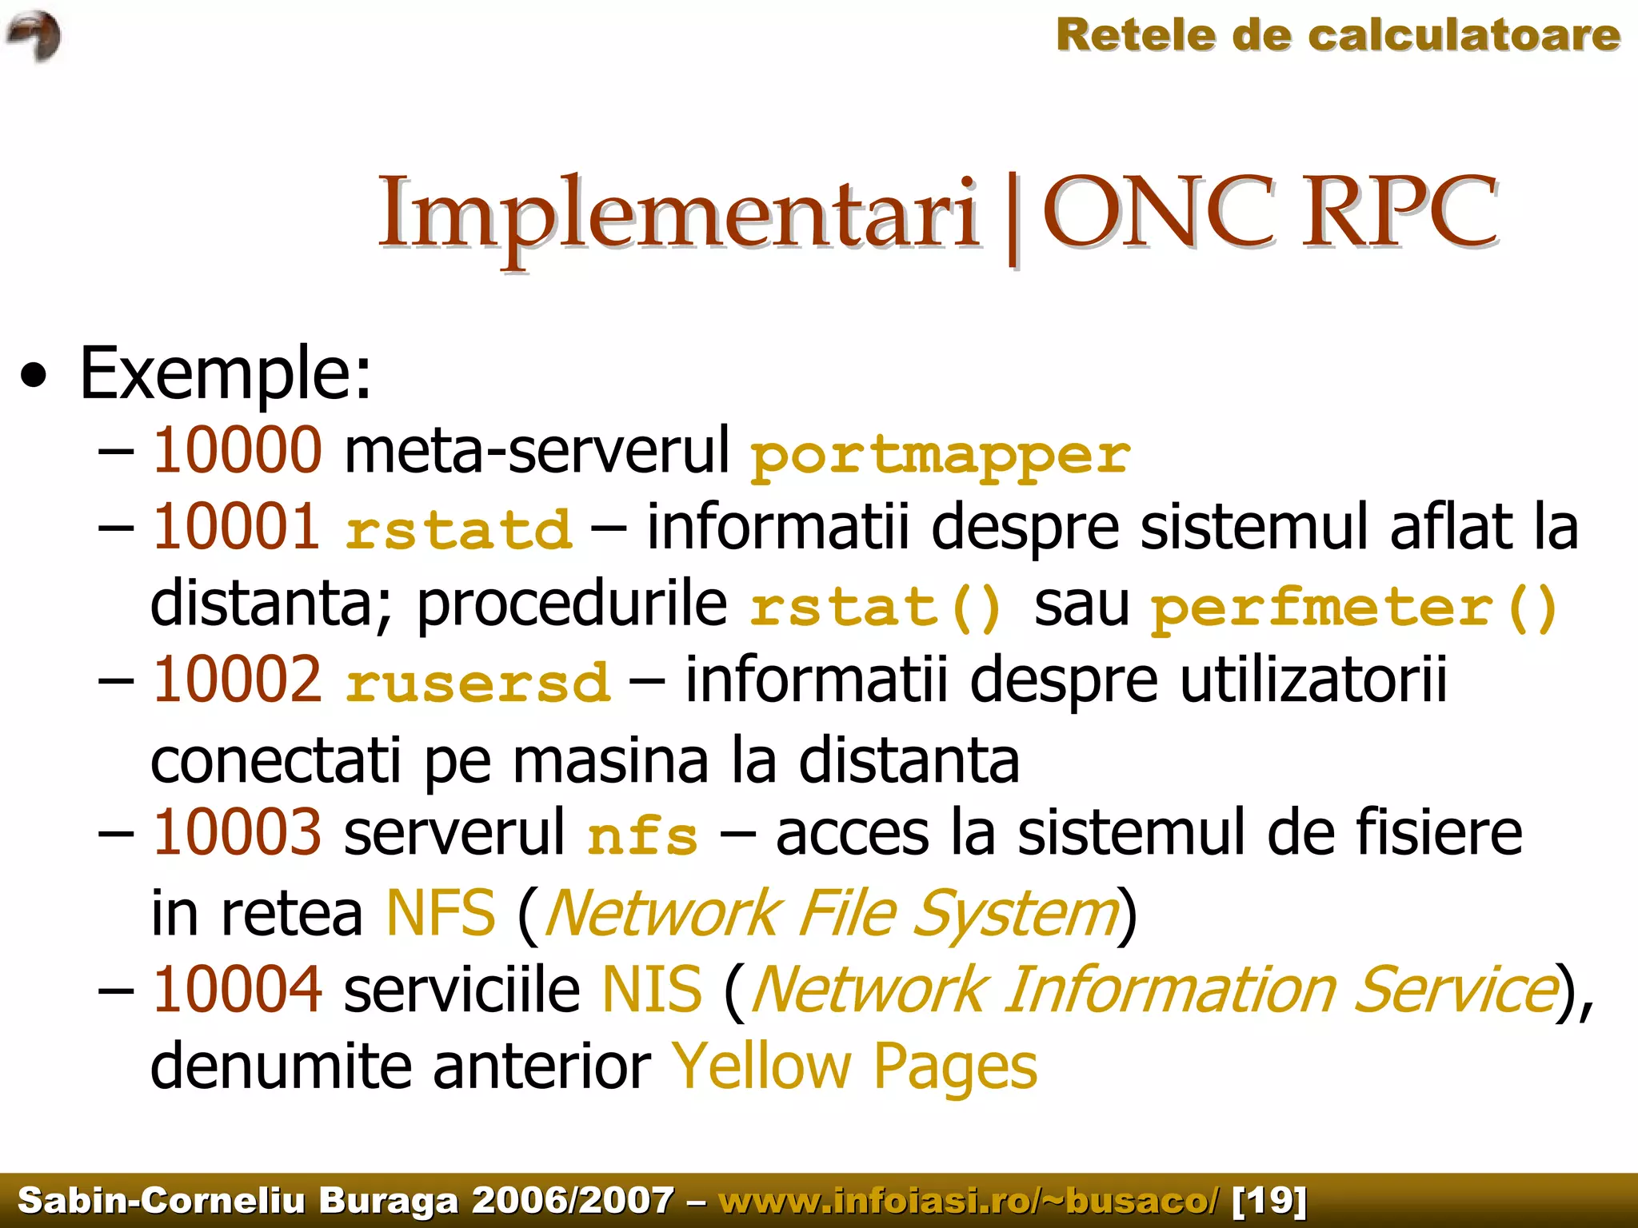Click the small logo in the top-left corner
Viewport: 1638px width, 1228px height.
click(34, 37)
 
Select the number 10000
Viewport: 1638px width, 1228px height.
click(238, 450)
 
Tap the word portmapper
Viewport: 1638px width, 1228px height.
click(941, 456)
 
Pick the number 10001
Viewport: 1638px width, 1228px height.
click(237, 527)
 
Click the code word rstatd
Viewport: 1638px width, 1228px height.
click(459, 530)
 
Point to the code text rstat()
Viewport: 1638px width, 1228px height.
click(876, 607)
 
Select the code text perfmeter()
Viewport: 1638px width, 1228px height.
click(1354, 607)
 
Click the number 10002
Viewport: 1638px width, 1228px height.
click(237, 680)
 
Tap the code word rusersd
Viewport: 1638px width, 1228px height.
click(478, 684)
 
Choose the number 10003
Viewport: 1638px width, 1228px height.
click(237, 832)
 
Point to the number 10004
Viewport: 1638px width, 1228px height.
click(237, 989)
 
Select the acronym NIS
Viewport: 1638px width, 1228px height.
click(652, 989)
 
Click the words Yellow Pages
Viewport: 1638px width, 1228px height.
click(854, 1066)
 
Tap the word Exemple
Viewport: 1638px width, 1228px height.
click(226, 373)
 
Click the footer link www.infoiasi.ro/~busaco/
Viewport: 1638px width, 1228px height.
click(969, 1200)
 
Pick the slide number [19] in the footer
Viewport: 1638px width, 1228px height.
click(1269, 1200)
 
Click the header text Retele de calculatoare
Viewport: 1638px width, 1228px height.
click(1337, 36)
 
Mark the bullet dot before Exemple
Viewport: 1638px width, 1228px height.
click(34, 375)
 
